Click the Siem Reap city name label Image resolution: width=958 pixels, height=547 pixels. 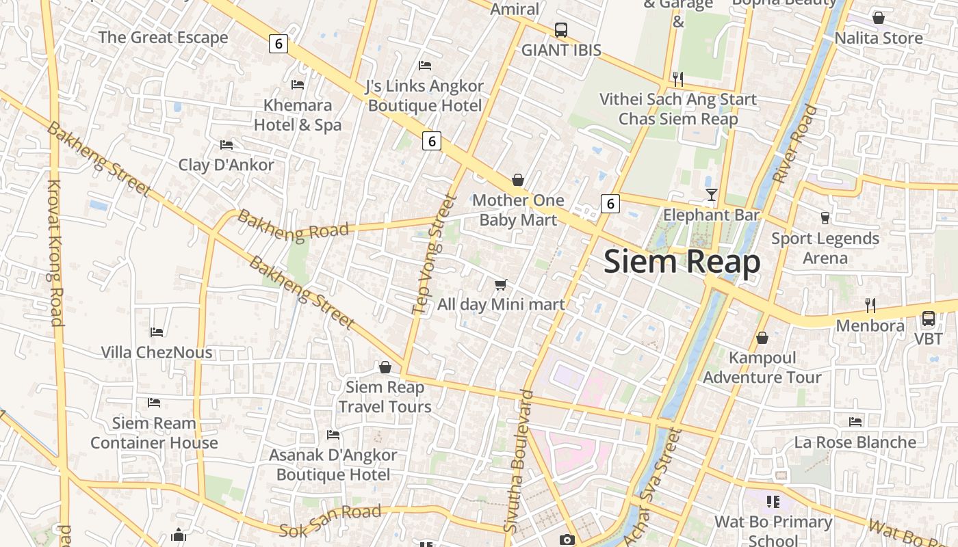coord(682,262)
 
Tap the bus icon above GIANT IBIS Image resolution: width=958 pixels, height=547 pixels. coord(561,30)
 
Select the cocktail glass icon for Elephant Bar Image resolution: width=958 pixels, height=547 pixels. coord(712,195)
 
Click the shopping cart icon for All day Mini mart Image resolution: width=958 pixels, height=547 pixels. coord(501,284)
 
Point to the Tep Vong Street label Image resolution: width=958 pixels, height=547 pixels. coord(435,254)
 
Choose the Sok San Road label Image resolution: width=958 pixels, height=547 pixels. coord(330,521)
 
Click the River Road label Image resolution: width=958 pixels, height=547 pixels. coord(795,144)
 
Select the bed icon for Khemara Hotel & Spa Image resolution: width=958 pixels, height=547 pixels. coord(298,85)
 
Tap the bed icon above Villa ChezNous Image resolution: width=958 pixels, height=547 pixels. coord(157,332)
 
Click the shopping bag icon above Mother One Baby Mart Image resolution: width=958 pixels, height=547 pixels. coord(518,180)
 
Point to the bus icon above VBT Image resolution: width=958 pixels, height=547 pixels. coord(929,319)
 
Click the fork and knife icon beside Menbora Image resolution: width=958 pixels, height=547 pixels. coord(870,305)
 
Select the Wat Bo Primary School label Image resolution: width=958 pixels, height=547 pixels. coord(773,531)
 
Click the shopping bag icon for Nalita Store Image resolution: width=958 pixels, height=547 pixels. coord(879,18)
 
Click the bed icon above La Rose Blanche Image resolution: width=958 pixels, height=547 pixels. coord(855,422)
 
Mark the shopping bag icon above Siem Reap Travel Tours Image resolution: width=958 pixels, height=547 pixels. coord(385,368)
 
